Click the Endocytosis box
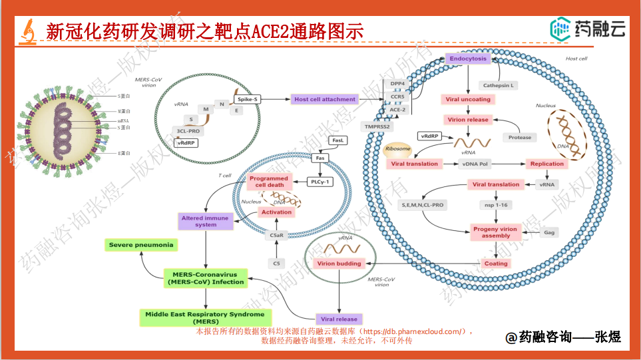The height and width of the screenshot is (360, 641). coord(468,59)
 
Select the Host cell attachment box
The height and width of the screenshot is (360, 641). coord(325,99)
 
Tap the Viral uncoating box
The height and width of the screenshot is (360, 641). coord(468,99)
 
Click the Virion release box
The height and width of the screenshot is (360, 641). coord(468,120)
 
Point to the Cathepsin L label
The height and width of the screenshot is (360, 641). coord(500,85)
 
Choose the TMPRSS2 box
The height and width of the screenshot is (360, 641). coord(378,126)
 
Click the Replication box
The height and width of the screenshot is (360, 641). coord(547,164)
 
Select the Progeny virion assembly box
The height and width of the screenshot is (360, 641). coord(496,232)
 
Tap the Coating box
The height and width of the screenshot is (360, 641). coord(496,264)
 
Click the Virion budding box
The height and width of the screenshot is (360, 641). coord(339,264)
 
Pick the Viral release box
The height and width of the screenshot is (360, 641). coord(339,319)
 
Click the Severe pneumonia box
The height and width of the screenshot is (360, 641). coord(141,245)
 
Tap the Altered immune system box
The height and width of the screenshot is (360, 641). coord(206,221)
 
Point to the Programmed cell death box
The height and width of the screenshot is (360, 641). coord(269,182)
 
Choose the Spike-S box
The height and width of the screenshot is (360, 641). coord(247,99)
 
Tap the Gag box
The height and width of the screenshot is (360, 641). coord(549,232)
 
